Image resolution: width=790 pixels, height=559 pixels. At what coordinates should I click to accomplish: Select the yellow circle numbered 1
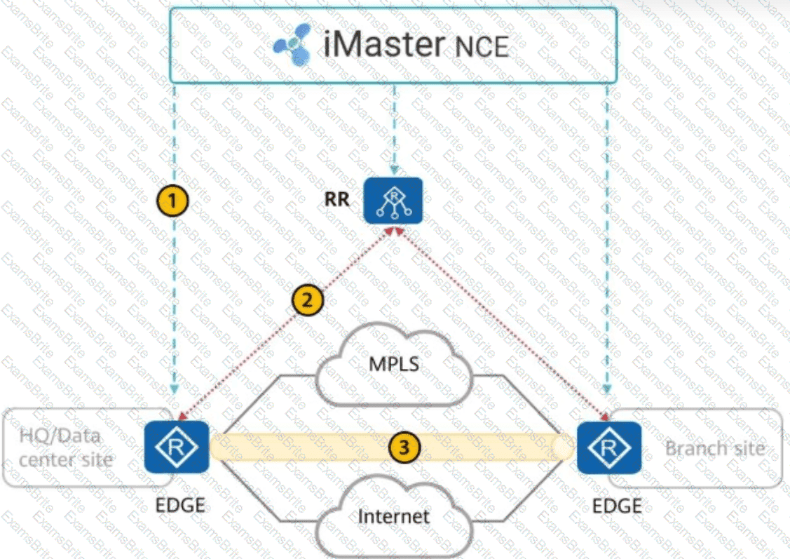172,201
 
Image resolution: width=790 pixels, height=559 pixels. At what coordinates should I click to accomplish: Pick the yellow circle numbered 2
306,301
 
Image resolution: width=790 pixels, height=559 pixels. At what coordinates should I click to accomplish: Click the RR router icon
393,201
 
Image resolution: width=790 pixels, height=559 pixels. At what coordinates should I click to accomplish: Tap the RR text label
336,199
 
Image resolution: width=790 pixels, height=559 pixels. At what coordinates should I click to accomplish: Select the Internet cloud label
393,517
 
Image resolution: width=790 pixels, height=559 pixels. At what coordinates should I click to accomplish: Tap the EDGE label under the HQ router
179,504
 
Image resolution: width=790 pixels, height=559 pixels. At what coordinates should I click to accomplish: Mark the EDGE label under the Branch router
617,506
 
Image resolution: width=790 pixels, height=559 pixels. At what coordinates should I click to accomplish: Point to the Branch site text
714,447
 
